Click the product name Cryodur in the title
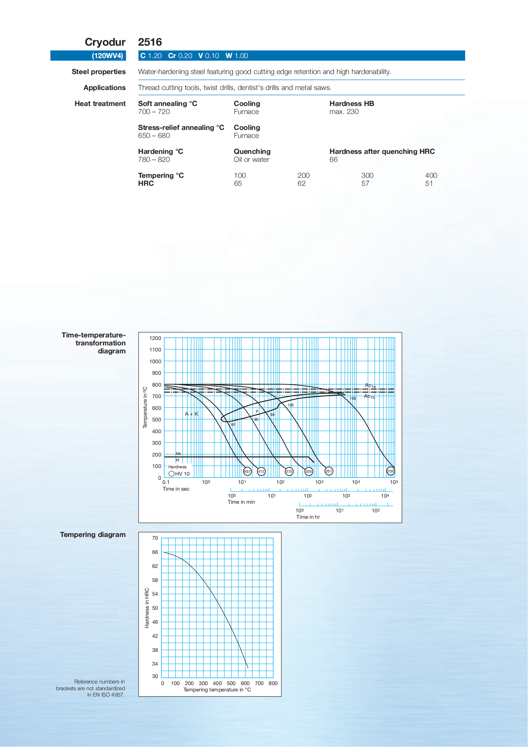click(x=105, y=42)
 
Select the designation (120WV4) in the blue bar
click(x=107, y=56)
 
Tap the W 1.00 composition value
click(x=237, y=56)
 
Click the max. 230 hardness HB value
click(x=344, y=112)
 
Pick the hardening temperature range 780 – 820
click(x=154, y=159)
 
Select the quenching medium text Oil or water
click(x=251, y=159)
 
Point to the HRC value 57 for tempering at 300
click(x=365, y=184)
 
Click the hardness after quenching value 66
click(x=333, y=159)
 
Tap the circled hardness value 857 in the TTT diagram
click(x=248, y=471)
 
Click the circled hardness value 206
click(x=390, y=471)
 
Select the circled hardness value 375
click(x=289, y=471)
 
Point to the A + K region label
click(x=191, y=414)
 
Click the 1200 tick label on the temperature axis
click(x=155, y=338)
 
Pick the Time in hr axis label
click(x=308, y=517)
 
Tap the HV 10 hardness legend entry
click(x=179, y=474)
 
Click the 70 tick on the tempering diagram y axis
click(x=155, y=538)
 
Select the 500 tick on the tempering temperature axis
click(x=231, y=683)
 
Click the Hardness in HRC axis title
click(x=147, y=608)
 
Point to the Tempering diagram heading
click(x=93, y=534)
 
